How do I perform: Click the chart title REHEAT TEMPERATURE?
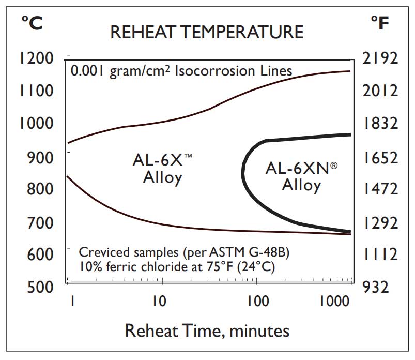point(207,32)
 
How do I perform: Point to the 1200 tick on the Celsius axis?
point(37,58)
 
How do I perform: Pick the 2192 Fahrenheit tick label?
point(380,58)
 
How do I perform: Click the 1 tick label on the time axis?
point(73,301)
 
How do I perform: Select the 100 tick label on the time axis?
point(252,301)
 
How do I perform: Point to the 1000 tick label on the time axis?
point(333,301)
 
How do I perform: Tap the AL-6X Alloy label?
point(163,169)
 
